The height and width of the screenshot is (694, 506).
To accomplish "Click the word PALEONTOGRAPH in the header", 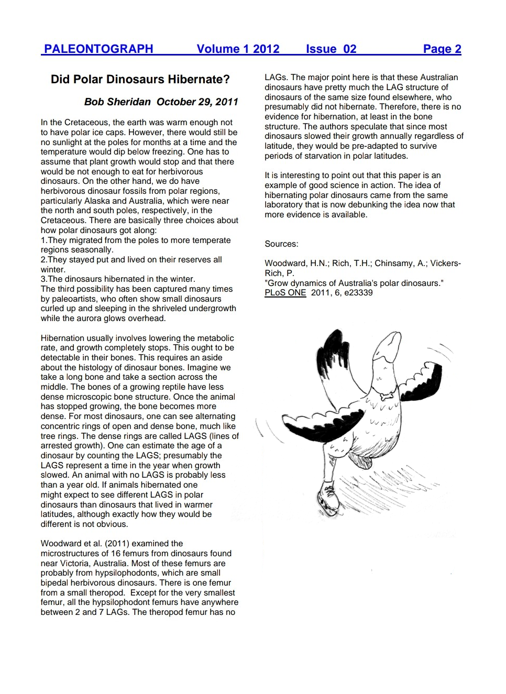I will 98,49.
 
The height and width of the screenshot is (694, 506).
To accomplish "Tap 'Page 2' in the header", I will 442,49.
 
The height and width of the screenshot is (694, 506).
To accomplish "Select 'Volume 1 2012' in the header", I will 238,49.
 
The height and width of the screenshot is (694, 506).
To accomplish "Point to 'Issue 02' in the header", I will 331,49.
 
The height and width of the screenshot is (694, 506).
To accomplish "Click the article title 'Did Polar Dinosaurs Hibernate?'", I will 140,79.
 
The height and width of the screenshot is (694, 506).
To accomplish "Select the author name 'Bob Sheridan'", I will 117,102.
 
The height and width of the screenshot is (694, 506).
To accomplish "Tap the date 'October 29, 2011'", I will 197,102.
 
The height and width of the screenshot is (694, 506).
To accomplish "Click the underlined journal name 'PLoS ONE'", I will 285,293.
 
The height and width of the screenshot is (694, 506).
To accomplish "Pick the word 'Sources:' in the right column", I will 281,244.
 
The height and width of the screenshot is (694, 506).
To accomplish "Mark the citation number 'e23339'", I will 358,293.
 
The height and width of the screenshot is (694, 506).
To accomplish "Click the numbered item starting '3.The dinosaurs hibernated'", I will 118,279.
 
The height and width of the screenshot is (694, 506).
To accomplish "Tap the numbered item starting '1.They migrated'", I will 136,240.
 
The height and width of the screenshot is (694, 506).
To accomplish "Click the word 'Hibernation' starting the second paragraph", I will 62,338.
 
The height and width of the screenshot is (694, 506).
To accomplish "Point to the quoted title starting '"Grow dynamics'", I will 354,283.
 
